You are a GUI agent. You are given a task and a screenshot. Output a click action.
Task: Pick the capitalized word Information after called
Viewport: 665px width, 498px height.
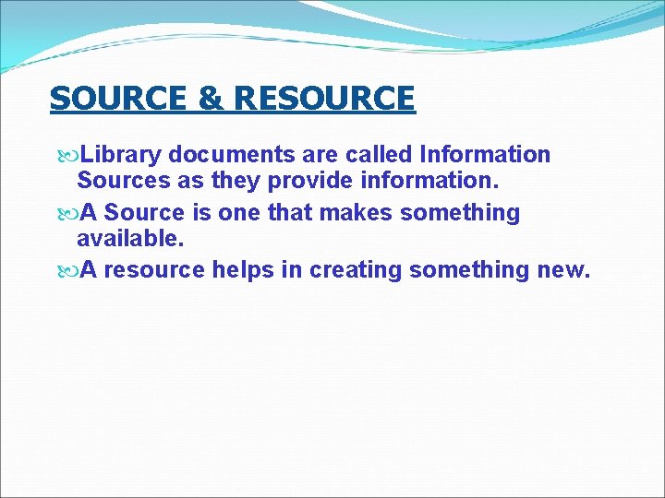click(485, 154)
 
